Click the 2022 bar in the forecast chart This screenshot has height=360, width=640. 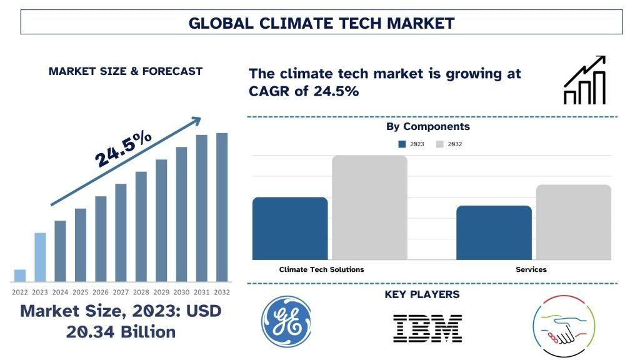20,276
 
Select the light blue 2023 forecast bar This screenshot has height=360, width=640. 40,257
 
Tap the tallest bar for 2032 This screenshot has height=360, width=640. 222,207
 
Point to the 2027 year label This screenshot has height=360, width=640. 121,292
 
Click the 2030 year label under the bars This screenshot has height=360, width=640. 181,292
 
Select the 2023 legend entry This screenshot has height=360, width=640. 411,144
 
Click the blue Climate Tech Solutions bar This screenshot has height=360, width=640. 290,228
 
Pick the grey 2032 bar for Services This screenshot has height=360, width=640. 573,222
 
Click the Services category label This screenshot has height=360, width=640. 531,269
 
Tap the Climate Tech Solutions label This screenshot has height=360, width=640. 321,269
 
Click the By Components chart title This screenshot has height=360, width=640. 427,126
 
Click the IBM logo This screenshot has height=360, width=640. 427,327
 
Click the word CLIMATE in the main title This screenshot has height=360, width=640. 292,24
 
